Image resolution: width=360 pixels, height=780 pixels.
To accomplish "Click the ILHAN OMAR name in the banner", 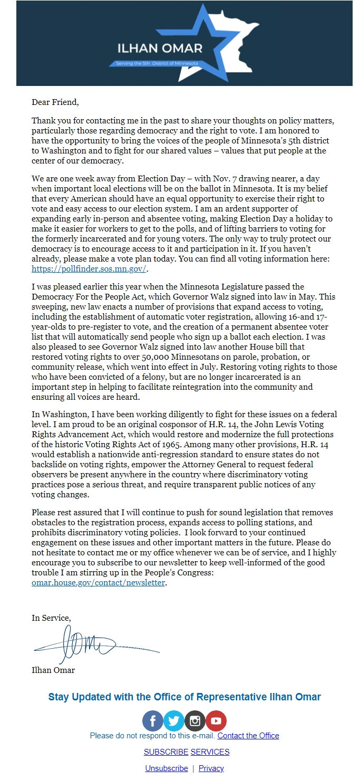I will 160,49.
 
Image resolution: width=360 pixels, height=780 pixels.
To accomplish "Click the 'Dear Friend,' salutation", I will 55,102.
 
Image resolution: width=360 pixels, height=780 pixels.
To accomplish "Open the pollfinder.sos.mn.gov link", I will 89,268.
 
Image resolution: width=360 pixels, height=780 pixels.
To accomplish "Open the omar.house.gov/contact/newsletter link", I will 99,583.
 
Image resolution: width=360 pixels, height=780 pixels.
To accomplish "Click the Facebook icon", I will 153,721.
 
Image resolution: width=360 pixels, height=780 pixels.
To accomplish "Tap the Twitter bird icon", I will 174,721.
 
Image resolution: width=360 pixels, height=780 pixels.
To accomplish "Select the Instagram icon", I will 195,721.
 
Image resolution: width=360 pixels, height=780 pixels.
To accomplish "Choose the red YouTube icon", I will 216,721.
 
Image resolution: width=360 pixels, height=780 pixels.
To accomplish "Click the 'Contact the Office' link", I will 248,736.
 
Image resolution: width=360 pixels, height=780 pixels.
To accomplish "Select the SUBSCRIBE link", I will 166,752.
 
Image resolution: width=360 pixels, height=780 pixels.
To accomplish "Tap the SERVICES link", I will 210,752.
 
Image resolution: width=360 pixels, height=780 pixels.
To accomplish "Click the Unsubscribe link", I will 167,768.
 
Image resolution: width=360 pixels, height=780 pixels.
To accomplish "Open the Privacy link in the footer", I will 211,768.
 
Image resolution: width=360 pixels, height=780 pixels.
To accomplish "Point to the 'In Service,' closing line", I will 51,618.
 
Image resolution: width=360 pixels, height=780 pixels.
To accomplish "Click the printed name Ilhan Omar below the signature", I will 53,670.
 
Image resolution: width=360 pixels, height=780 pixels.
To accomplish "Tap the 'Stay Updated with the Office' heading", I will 184,697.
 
